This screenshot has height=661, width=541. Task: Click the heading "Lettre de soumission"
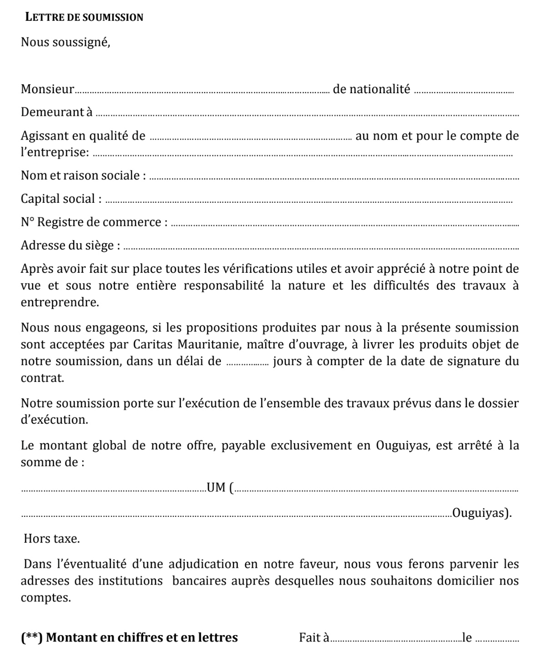pyautogui.click(x=84, y=18)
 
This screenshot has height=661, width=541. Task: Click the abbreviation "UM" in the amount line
pyautogui.click(x=216, y=488)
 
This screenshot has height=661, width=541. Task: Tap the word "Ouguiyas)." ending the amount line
pyautogui.click(x=482, y=513)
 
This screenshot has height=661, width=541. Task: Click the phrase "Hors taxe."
pyautogui.click(x=52, y=539)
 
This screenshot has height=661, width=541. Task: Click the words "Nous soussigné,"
pyautogui.click(x=65, y=42)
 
